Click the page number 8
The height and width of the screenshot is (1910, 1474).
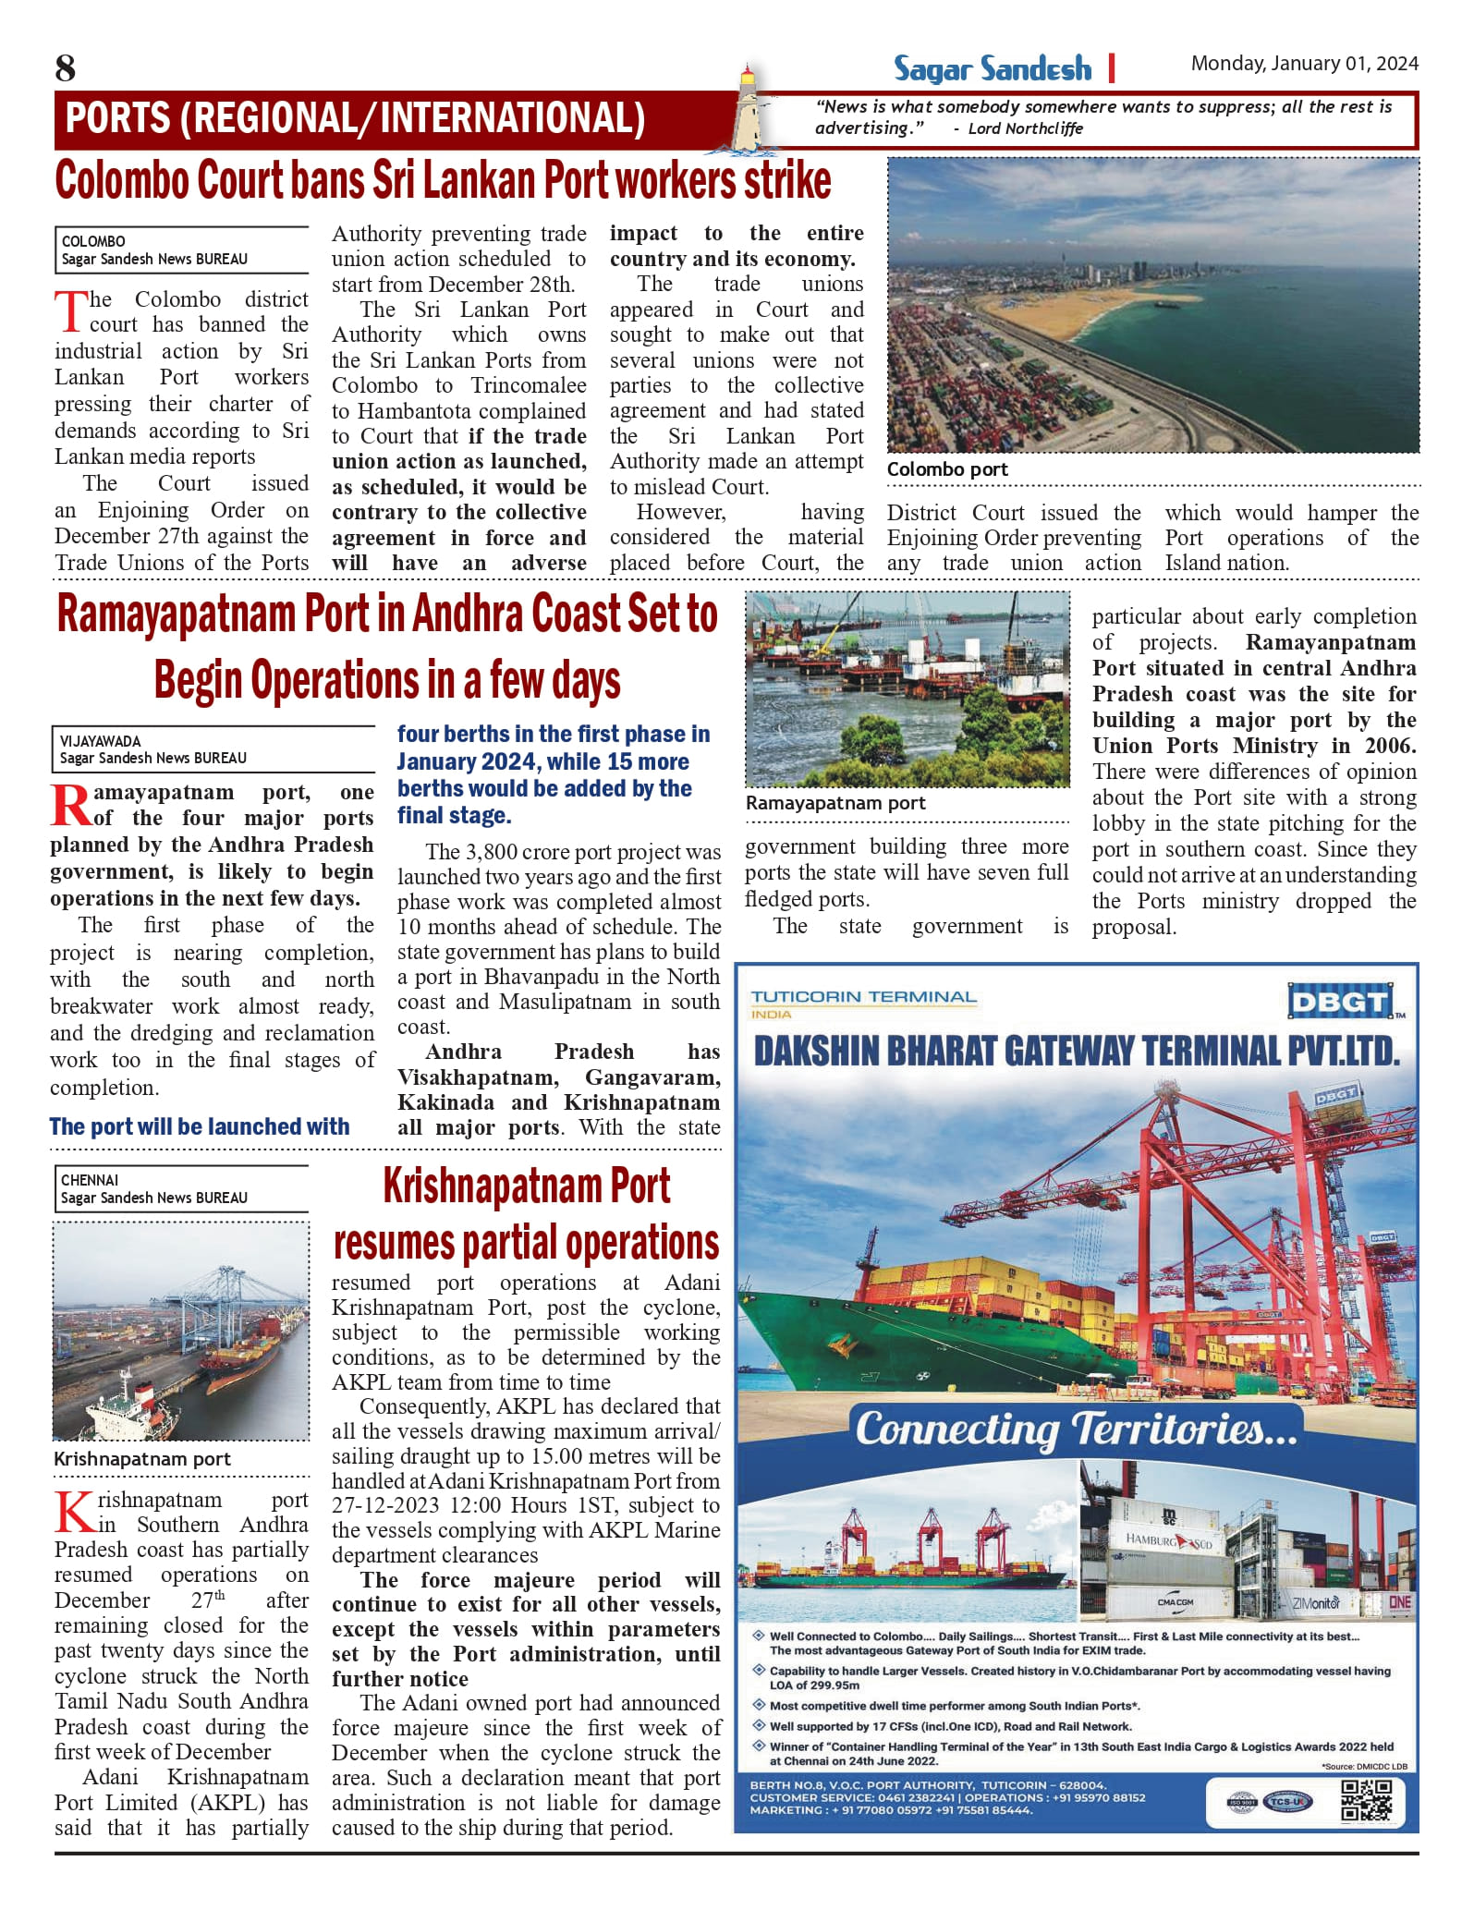click(x=65, y=67)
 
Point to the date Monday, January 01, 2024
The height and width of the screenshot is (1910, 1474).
click(x=1304, y=63)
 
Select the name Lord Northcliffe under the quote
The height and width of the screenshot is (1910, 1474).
click(x=1025, y=128)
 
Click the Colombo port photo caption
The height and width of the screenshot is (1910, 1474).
click(x=947, y=469)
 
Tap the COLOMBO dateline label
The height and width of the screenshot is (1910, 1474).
click(x=93, y=241)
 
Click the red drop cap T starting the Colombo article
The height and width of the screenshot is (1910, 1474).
click(x=70, y=312)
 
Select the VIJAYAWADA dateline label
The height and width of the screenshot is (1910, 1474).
click(x=101, y=741)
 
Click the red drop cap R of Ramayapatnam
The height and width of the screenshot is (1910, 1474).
click(x=70, y=806)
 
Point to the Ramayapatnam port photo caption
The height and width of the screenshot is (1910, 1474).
click(x=835, y=803)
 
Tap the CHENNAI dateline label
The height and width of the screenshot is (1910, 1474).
click(x=90, y=1180)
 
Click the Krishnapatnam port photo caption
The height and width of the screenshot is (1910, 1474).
click(x=142, y=1459)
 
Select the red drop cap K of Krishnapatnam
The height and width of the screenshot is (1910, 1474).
click(x=72, y=1513)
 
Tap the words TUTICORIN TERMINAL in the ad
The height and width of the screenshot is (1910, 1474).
click(x=863, y=997)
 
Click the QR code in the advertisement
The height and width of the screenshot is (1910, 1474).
click(x=1366, y=1800)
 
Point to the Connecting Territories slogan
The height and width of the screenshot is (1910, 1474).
click(x=1076, y=1428)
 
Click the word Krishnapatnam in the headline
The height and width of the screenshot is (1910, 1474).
click(x=527, y=1186)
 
